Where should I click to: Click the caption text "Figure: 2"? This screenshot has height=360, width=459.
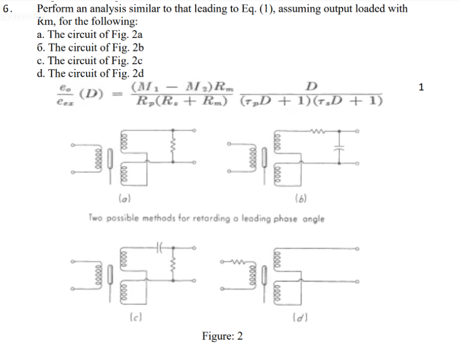[x=222, y=336]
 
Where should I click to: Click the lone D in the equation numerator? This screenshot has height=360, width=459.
[x=311, y=86]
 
